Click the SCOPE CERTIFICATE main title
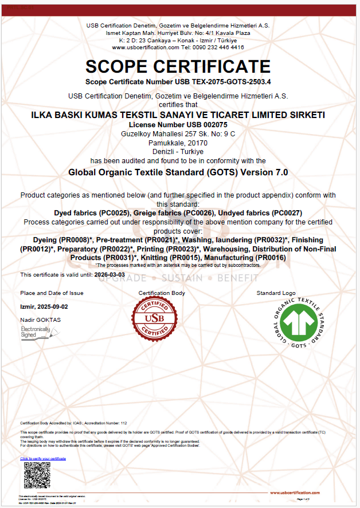[178, 66]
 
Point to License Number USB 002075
[178, 124]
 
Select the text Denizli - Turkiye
[178, 151]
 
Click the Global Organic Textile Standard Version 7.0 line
[178, 171]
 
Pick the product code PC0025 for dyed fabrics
[116, 212]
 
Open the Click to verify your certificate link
[43, 459]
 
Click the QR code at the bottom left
[37, 475]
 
